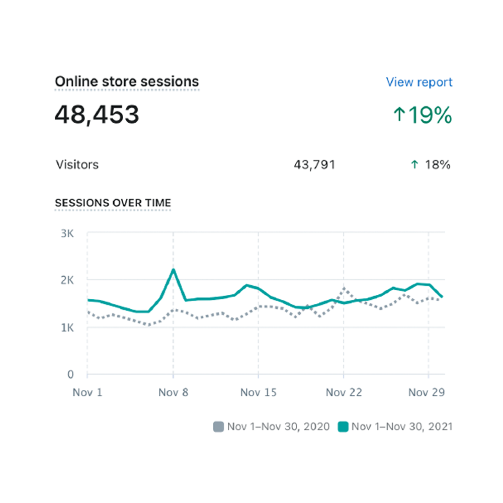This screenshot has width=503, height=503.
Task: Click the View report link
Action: click(419, 82)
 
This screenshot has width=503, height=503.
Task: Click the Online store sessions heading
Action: click(127, 81)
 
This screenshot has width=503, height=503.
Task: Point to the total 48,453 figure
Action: click(97, 115)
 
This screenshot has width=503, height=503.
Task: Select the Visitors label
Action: click(77, 164)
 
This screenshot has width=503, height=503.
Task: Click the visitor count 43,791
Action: click(314, 165)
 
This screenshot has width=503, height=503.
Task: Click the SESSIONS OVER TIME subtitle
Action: click(113, 203)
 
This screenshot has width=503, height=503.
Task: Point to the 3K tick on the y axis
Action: click(67, 233)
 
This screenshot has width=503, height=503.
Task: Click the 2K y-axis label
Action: click(67, 280)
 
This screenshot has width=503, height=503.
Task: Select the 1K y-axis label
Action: click(67, 328)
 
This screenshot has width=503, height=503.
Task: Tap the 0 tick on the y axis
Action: click(70, 374)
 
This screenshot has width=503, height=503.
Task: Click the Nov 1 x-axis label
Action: click(87, 392)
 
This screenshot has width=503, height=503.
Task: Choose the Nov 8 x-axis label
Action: click(173, 392)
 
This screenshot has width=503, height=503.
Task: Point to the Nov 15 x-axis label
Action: click(258, 392)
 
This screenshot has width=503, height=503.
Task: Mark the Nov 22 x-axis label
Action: click(344, 392)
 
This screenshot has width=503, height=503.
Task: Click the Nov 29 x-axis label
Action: click(427, 392)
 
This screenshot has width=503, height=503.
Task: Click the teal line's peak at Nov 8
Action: click(173, 270)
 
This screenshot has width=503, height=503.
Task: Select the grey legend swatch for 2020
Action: click(218, 427)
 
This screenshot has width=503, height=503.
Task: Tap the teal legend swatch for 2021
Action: click(343, 427)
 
